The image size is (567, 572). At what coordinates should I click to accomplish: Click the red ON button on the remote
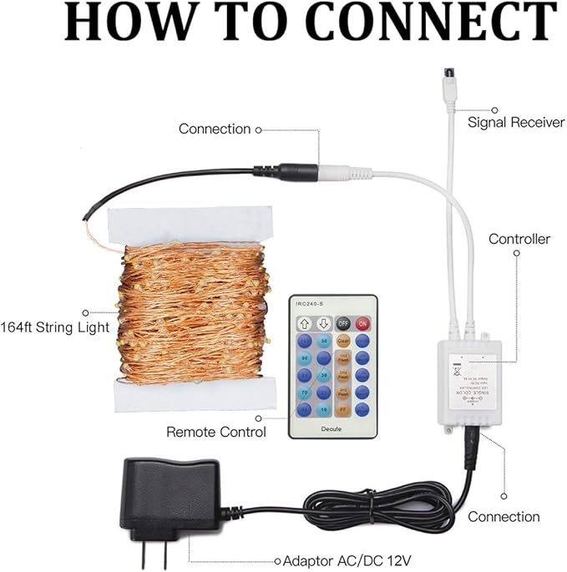[362, 323]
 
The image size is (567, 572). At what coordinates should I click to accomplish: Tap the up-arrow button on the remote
[304, 323]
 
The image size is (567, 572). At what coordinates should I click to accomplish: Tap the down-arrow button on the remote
[323, 323]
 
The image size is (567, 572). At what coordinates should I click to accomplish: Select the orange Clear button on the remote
[342, 341]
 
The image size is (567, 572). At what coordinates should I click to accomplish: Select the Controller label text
[519, 239]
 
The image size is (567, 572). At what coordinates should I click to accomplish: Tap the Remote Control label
[216, 432]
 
